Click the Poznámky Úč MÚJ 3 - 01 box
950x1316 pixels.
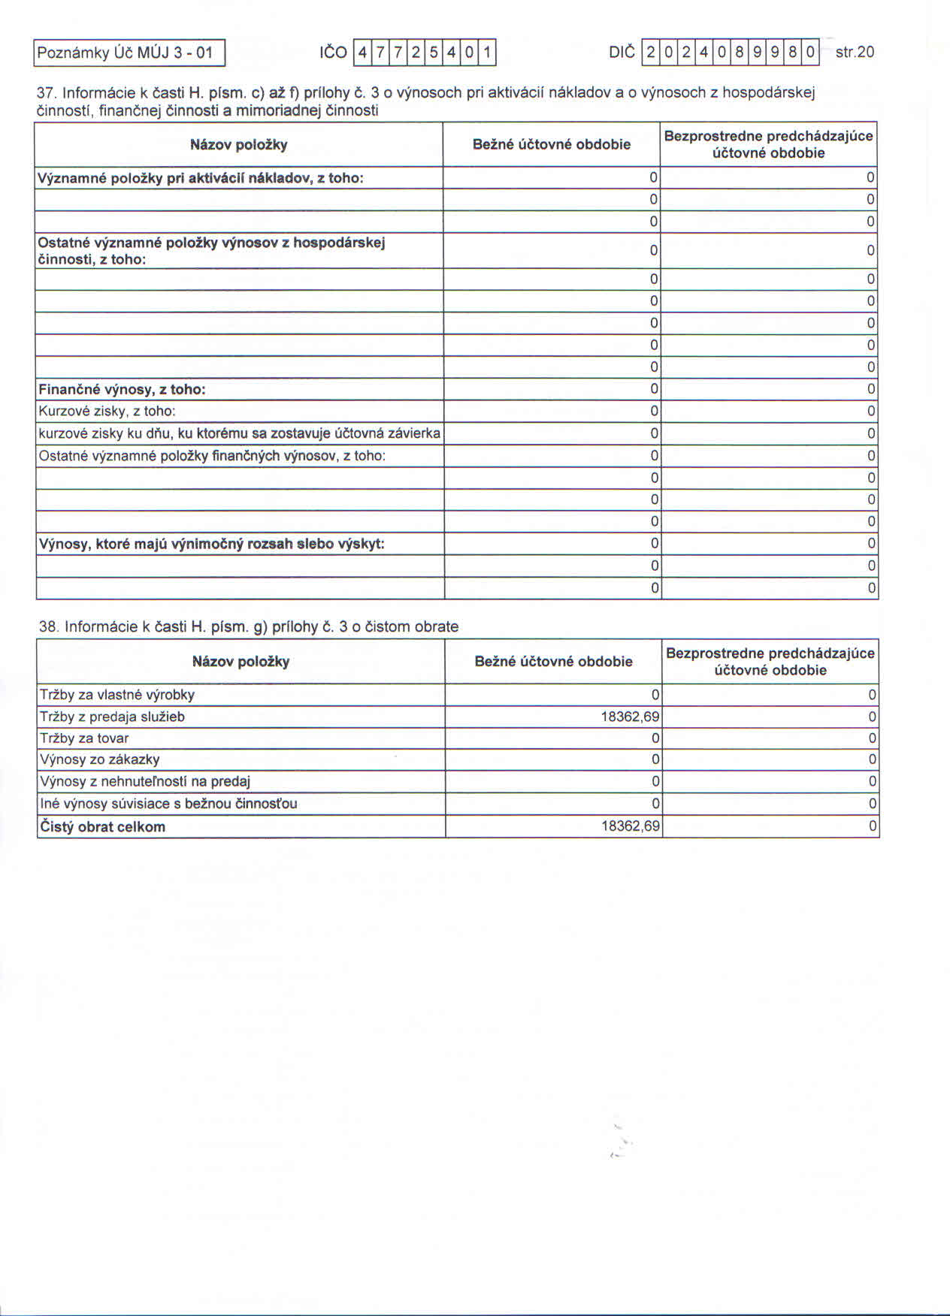(129, 53)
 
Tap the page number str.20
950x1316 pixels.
(855, 52)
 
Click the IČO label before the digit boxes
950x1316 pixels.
(333, 53)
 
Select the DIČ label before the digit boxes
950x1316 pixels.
(622, 52)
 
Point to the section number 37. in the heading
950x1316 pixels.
(47, 93)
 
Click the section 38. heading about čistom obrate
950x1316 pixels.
(248, 626)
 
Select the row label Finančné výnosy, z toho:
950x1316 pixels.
(122, 389)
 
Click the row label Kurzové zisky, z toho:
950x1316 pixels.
(107, 411)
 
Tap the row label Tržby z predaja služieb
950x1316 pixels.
(112, 717)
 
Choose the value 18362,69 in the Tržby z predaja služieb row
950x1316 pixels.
(630, 717)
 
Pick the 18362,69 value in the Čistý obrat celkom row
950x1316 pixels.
(630, 826)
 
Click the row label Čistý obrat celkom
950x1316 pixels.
(102, 827)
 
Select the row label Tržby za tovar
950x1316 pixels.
(84, 738)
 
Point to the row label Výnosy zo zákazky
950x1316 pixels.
(99, 759)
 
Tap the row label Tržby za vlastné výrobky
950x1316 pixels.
(116, 695)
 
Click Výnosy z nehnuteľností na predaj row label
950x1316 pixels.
(144, 781)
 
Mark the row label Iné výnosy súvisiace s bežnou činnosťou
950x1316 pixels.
(168, 804)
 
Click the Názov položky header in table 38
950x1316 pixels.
(241, 662)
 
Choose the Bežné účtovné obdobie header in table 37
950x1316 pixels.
(551, 144)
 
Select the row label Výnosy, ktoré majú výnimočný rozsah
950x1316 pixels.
(211, 544)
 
